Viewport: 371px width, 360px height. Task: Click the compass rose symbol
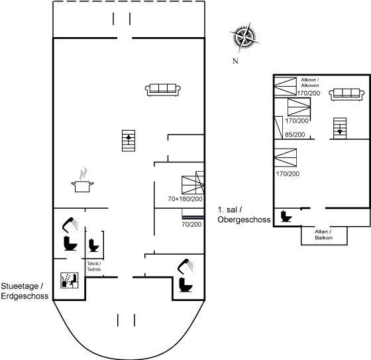pyautogui.click(x=244, y=37)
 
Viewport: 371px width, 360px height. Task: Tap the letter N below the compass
pyautogui.click(x=235, y=61)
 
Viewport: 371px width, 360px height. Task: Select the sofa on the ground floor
pyautogui.click(x=163, y=90)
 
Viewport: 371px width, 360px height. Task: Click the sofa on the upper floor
pyautogui.click(x=346, y=95)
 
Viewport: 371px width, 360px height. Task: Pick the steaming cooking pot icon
pyautogui.click(x=82, y=180)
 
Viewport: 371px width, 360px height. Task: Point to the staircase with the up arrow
pyautogui.click(x=129, y=141)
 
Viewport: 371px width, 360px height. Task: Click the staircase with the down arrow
pyautogui.click(x=340, y=128)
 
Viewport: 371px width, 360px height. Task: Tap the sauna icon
pyautogui.click(x=70, y=280)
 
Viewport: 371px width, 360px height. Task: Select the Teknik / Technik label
pyautogui.click(x=94, y=267)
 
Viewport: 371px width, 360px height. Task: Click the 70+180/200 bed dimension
pyautogui.click(x=185, y=199)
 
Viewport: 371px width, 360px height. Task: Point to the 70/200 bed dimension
pyautogui.click(x=191, y=224)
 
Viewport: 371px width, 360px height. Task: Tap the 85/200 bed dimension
pyautogui.click(x=295, y=135)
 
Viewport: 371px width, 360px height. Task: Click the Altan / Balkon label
pyautogui.click(x=323, y=235)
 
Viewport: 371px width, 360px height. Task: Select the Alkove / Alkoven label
pyautogui.click(x=310, y=82)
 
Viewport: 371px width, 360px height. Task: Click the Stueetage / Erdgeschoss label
pyautogui.click(x=25, y=291)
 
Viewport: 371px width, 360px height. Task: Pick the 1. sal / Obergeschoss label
pyautogui.click(x=244, y=215)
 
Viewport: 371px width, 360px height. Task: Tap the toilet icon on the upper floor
pyautogui.click(x=286, y=216)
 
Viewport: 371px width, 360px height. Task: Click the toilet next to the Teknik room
pyautogui.click(x=93, y=245)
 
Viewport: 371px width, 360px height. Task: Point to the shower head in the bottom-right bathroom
pyautogui.click(x=185, y=265)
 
